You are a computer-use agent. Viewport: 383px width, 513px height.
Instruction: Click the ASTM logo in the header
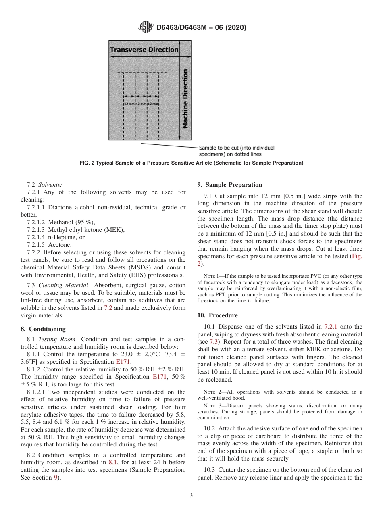pos(146,27)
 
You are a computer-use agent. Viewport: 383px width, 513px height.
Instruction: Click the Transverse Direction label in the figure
pos(144,50)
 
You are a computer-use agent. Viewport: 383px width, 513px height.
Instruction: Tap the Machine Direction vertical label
pos(185,99)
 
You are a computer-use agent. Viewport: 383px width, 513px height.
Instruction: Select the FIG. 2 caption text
pos(191,163)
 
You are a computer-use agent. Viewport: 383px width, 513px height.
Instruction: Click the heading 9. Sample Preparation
pos(229,185)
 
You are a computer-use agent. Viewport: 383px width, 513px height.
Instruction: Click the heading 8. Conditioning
pos(43,329)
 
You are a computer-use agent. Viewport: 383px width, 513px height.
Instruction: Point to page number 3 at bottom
pos(191,496)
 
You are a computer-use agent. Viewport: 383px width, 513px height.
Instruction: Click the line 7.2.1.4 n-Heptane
pos(56,237)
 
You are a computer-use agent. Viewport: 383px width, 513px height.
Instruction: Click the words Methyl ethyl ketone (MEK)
pos(86,230)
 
